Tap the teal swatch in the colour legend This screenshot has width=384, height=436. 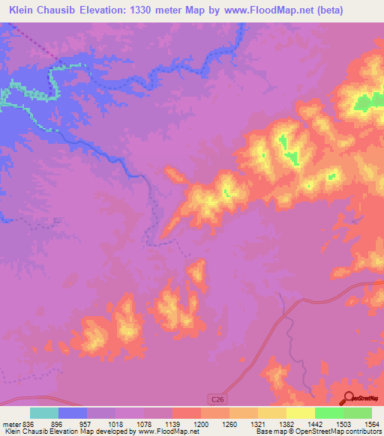pos(44,414)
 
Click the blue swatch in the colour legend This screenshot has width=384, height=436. pos(73,414)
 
